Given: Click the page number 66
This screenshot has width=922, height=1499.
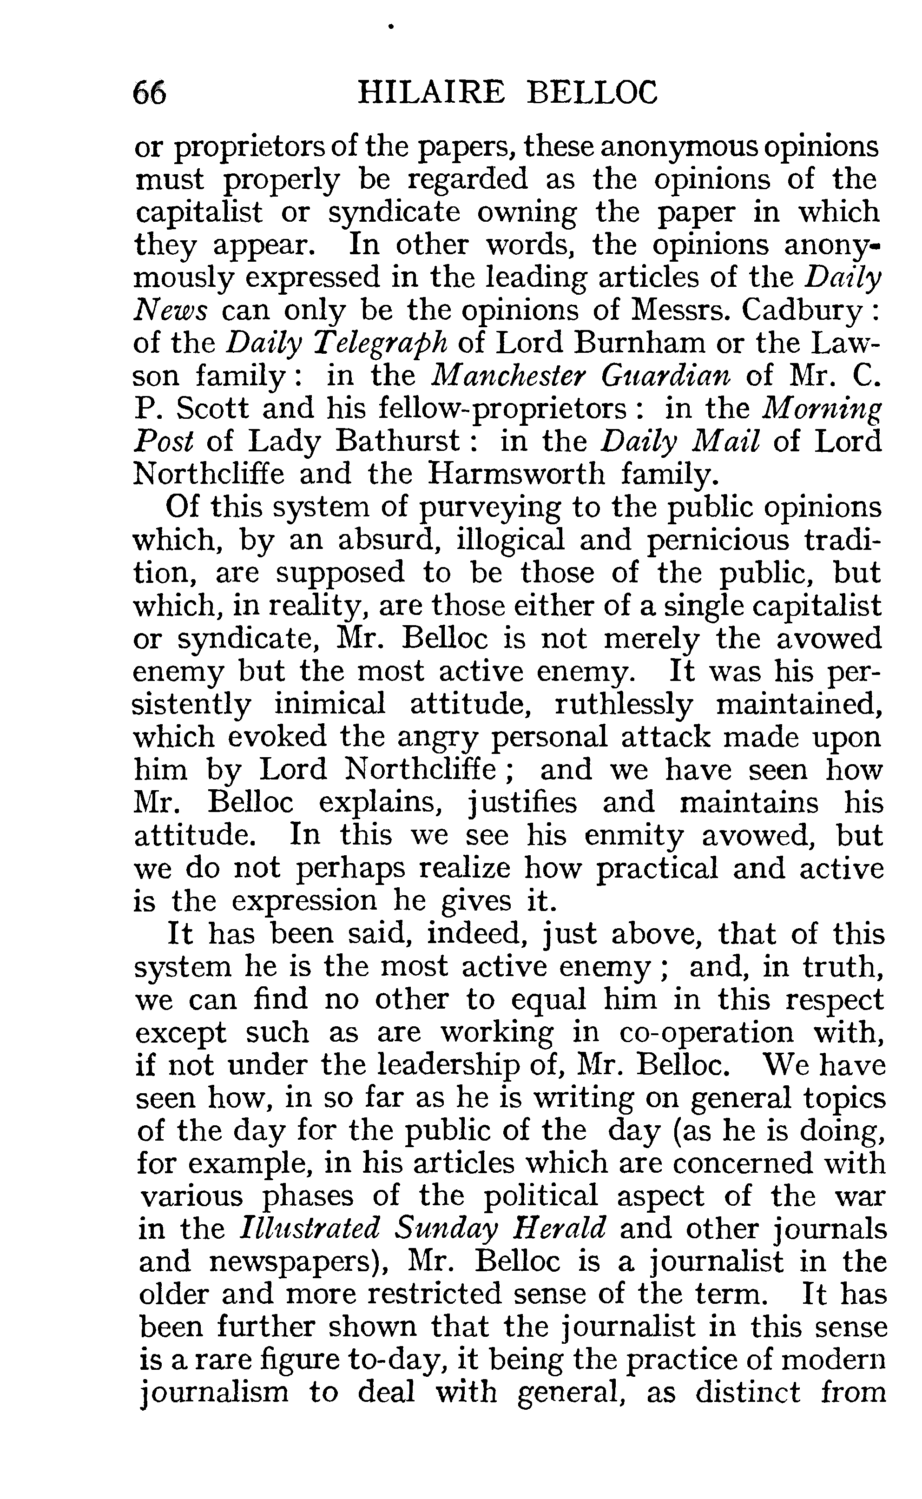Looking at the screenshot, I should coord(149,94).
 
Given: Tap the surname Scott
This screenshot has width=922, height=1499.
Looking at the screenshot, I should coord(213,408).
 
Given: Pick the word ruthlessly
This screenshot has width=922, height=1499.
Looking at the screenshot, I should coord(624,705).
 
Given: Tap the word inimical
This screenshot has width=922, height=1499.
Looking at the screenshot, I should coord(330,705).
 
